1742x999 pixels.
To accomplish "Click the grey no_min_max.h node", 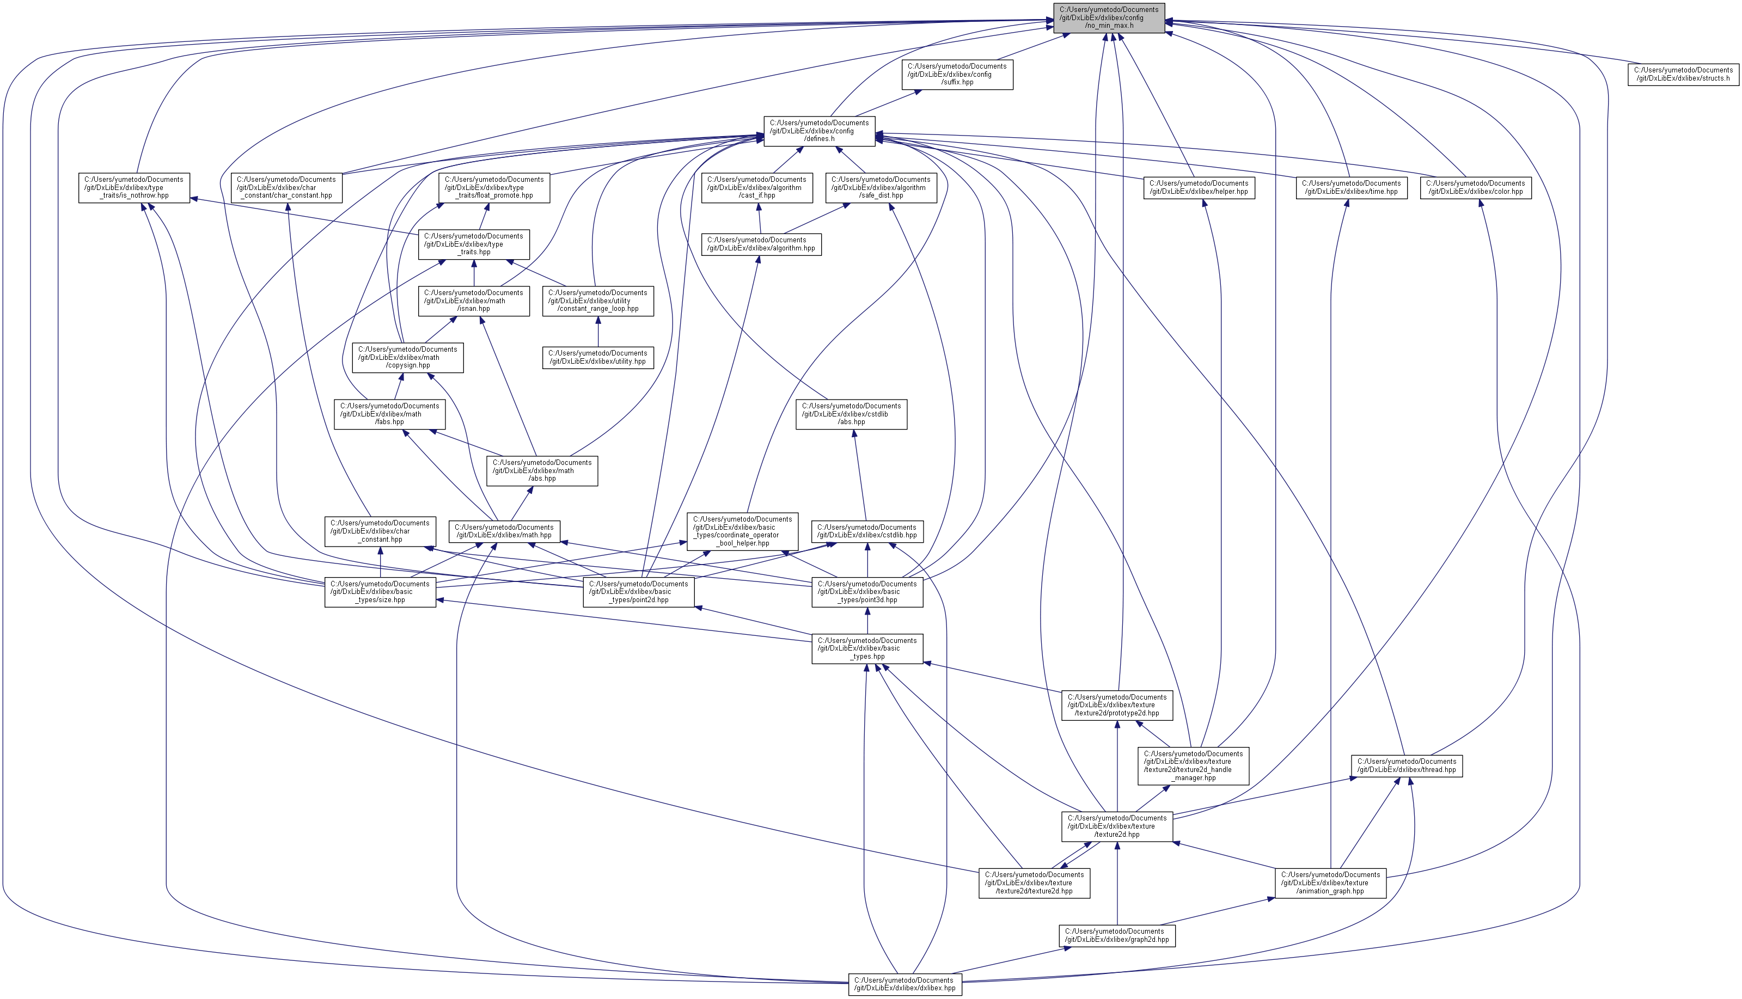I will [x=1109, y=17].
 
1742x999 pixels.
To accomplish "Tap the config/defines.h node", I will [x=819, y=130].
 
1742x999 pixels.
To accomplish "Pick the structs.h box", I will [x=1683, y=74].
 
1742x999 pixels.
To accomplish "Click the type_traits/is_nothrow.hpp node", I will [x=134, y=187].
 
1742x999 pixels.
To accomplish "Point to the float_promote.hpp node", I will [x=494, y=187].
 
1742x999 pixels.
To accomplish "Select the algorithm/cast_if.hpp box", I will [x=757, y=187].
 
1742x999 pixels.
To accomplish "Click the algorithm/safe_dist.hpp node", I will [x=881, y=187].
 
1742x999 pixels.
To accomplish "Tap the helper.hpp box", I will [x=1199, y=187].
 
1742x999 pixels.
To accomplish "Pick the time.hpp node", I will [x=1351, y=187].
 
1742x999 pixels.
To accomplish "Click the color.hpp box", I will [x=1475, y=187].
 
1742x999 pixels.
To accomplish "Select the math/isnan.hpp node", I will [x=473, y=301].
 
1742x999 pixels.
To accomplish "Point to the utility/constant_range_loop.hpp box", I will [x=597, y=301].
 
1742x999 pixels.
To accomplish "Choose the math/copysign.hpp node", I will [x=407, y=358].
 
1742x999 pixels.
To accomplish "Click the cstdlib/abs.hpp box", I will [x=851, y=414].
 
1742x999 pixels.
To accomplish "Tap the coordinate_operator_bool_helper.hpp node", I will [x=742, y=531].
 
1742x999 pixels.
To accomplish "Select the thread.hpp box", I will [x=1407, y=765].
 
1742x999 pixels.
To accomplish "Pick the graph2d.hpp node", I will [x=1116, y=935].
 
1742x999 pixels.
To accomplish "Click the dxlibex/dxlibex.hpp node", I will [x=904, y=984].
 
